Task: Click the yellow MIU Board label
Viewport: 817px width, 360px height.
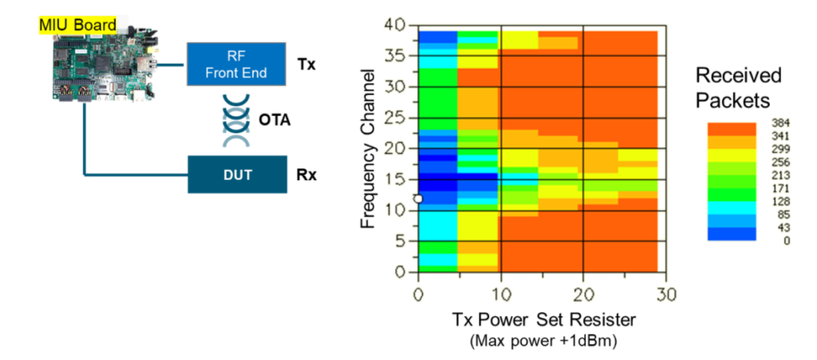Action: [77, 24]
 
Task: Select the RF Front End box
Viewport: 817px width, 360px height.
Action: [236, 64]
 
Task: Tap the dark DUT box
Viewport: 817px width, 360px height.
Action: [237, 175]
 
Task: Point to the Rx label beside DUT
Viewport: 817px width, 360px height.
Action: [306, 175]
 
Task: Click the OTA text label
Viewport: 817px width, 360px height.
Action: [274, 121]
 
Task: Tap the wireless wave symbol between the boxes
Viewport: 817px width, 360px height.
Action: [236, 121]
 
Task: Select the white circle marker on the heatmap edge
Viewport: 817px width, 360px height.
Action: [418, 199]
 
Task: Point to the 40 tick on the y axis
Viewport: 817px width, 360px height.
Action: [394, 25]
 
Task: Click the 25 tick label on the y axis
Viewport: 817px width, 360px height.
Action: [394, 118]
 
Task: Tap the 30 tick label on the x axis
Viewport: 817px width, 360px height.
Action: [666, 295]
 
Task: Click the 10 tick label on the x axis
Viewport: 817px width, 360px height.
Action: [500, 295]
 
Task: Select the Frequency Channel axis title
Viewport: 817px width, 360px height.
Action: [369, 148]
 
